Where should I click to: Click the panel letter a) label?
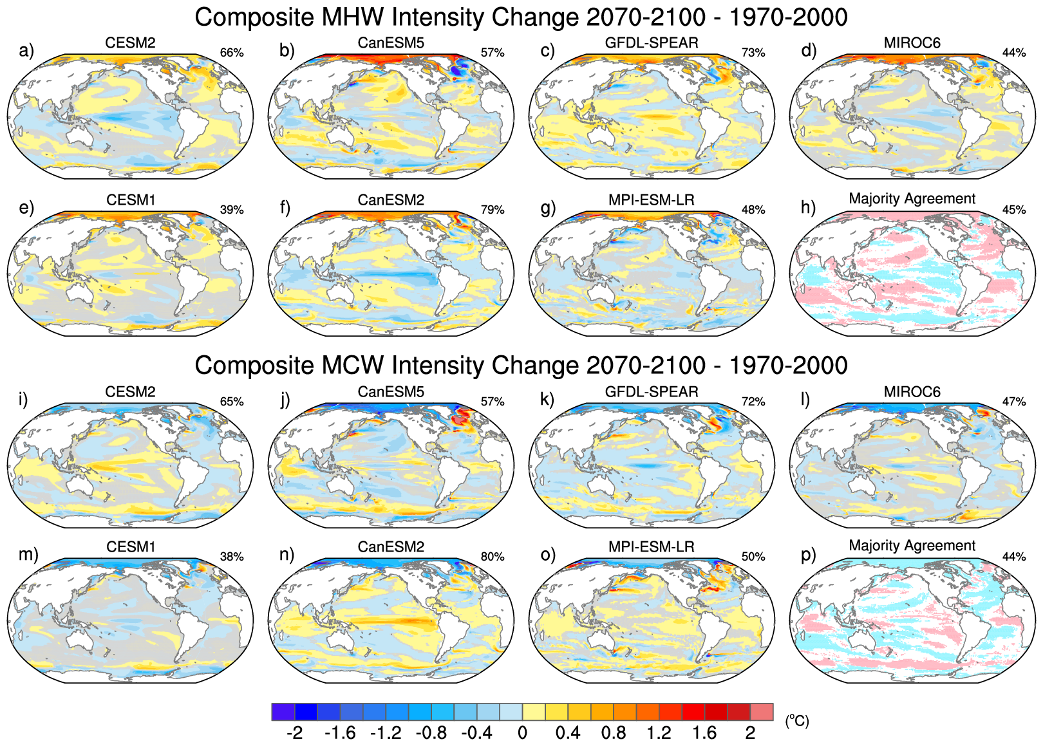coord(26,51)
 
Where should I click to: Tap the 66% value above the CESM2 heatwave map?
coord(232,53)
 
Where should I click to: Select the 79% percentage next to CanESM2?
coord(493,210)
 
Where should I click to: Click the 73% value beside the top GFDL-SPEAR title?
coord(753,53)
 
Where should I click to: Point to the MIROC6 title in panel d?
coord(912,43)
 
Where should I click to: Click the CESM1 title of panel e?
coord(131,200)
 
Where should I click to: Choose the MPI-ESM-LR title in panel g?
coord(651,200)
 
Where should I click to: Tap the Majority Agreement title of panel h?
coord(912,199)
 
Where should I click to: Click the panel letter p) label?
coord(809,555)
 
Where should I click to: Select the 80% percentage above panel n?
coord(493,557)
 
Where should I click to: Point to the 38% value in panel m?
coord(232,557)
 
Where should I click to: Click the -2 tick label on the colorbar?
coord(294,733)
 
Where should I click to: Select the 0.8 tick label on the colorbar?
coord(613,733)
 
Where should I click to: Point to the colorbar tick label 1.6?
coord(704,733)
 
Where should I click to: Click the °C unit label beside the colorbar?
coord(796,721)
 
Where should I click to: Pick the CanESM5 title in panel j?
coord(391,392)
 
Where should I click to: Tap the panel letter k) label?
coord(547,400)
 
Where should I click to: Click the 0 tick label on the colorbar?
coord(522,733)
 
